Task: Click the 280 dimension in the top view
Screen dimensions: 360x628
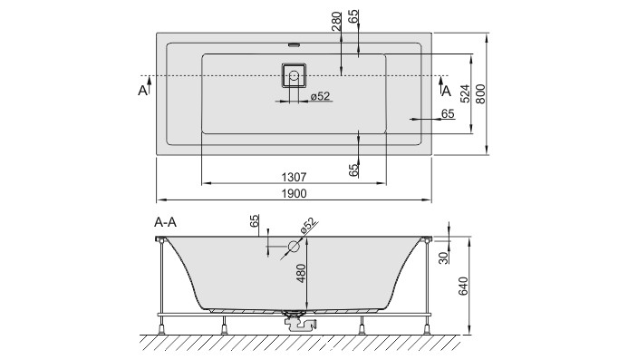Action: [x=336, y=21]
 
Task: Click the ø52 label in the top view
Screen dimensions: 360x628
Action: [x=319, y=97]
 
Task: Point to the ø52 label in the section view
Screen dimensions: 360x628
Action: [x=308, y=226]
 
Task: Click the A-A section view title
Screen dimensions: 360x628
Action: [x=165, y=221]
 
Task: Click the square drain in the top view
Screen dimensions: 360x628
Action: [x=294, y=73]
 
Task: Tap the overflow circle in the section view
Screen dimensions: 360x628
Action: [x=294, y=246]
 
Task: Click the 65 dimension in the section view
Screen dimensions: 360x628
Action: [x=256, y=221]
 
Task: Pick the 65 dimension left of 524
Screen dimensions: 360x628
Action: [x=447, y=112]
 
